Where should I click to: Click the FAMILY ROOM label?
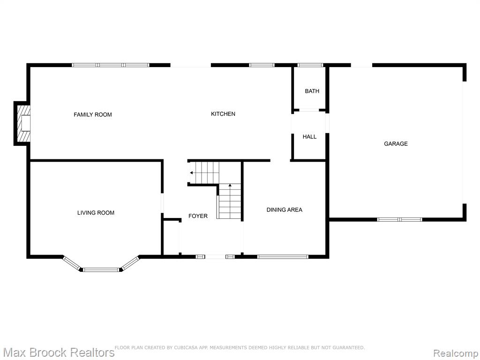[93, 115]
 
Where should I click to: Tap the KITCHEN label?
[223, 114]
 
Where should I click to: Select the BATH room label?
[312, 91]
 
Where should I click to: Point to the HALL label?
[309, 136]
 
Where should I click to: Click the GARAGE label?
[396, 143]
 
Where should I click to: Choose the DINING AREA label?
[285, 210]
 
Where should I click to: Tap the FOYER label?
[198, 216]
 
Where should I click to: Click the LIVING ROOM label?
[96, 213]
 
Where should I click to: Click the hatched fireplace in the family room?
[23, 123]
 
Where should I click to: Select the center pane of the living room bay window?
[101, 270]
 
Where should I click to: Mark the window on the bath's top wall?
[310, 65]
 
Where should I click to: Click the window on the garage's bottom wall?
[399, 219]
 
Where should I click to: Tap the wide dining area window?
[283, 257]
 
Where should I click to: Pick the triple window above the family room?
[111, 65]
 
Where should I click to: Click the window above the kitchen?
[262, 65]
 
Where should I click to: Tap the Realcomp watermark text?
[456, 353]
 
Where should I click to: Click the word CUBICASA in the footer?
[186, 348]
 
